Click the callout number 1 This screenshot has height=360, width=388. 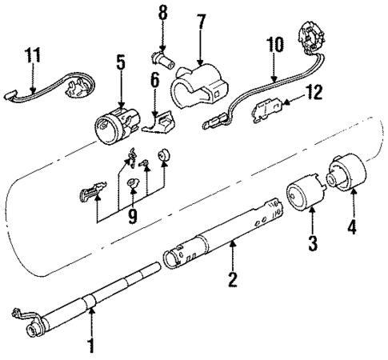click(90, 346)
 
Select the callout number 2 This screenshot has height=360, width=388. click(232, 281)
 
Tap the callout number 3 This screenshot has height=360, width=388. click(313, 241)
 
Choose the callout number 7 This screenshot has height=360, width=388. click(201, 40)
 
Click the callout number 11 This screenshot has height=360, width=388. click(31, 55)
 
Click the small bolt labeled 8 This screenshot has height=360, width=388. click(163, 56)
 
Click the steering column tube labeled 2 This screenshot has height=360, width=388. click(224, 236)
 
